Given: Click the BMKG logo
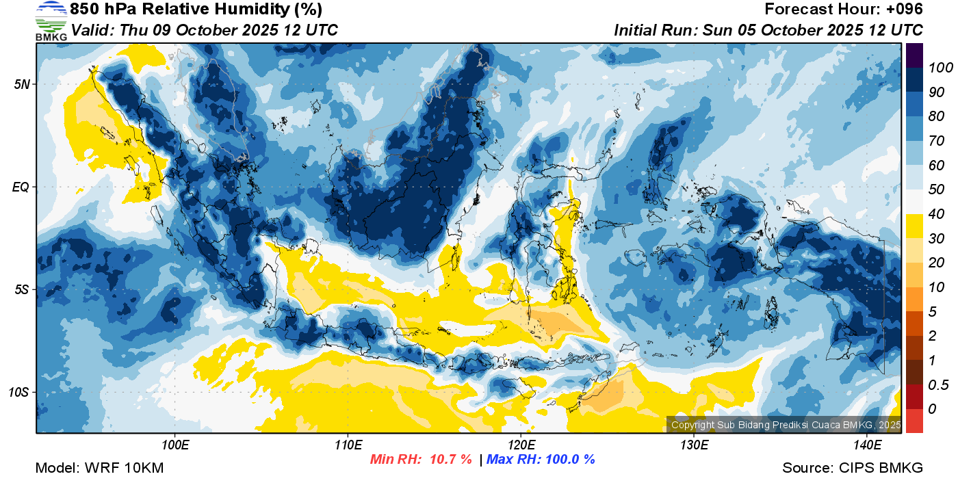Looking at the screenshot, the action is [51, 21].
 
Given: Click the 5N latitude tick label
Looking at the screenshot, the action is [22, 84].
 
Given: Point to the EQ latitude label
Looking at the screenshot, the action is [21, 187].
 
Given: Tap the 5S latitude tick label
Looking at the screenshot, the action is [22, 289].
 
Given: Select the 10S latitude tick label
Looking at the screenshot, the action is [19, 392].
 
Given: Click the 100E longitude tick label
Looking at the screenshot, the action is [175, 445].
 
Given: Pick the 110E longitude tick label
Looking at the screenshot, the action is [348, 445].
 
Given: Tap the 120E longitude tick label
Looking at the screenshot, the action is [521, 445].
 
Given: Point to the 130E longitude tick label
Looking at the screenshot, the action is [694, 445].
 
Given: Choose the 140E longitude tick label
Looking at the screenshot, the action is [868, 445].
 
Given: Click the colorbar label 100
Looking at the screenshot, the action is [940, 68].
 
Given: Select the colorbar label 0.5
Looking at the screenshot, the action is [938, 385].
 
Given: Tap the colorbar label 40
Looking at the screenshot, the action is [936, 214].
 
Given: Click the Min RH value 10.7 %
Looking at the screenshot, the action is [451, 459].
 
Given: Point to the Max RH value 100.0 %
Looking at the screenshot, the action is [568, 459].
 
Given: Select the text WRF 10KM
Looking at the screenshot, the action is [124, 468].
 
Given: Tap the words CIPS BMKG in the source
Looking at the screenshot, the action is [881, 468].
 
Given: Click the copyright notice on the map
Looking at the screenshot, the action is [786, 425].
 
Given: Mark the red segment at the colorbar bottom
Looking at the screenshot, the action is [914, 421].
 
